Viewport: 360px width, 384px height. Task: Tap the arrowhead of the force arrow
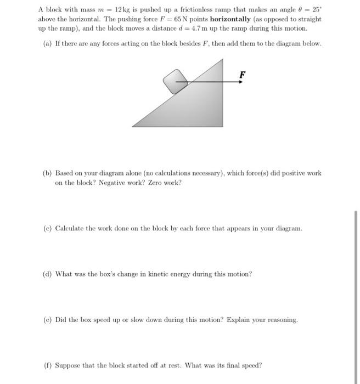click(240, 82)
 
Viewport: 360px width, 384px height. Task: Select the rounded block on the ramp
click(176, 81)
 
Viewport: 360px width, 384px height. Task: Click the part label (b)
click(47, 173)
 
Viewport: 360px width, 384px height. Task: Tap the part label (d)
click(47, 273)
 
